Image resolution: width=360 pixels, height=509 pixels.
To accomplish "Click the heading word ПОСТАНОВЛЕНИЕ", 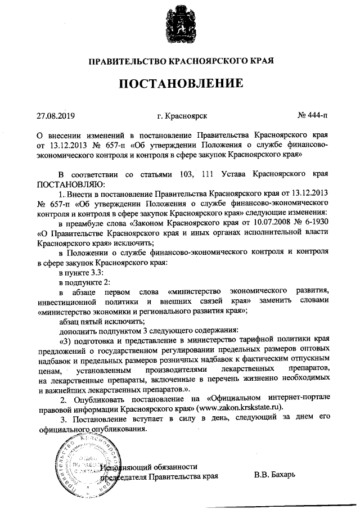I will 180,84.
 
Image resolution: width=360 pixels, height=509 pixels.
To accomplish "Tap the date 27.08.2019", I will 56,116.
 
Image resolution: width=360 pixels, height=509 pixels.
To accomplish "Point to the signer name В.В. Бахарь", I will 274,477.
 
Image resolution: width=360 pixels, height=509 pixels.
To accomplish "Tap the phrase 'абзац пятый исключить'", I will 98,321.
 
